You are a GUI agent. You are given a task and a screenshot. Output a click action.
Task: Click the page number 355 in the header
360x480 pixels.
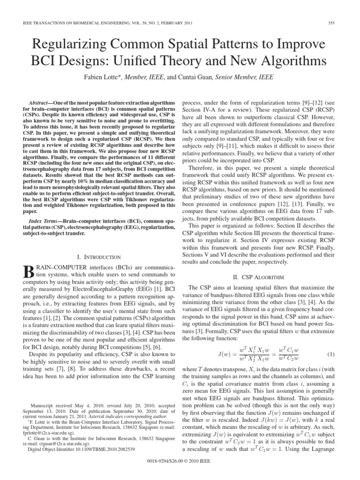tap(337, 23)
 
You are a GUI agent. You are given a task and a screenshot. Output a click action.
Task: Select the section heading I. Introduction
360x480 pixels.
tap(98, 257)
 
